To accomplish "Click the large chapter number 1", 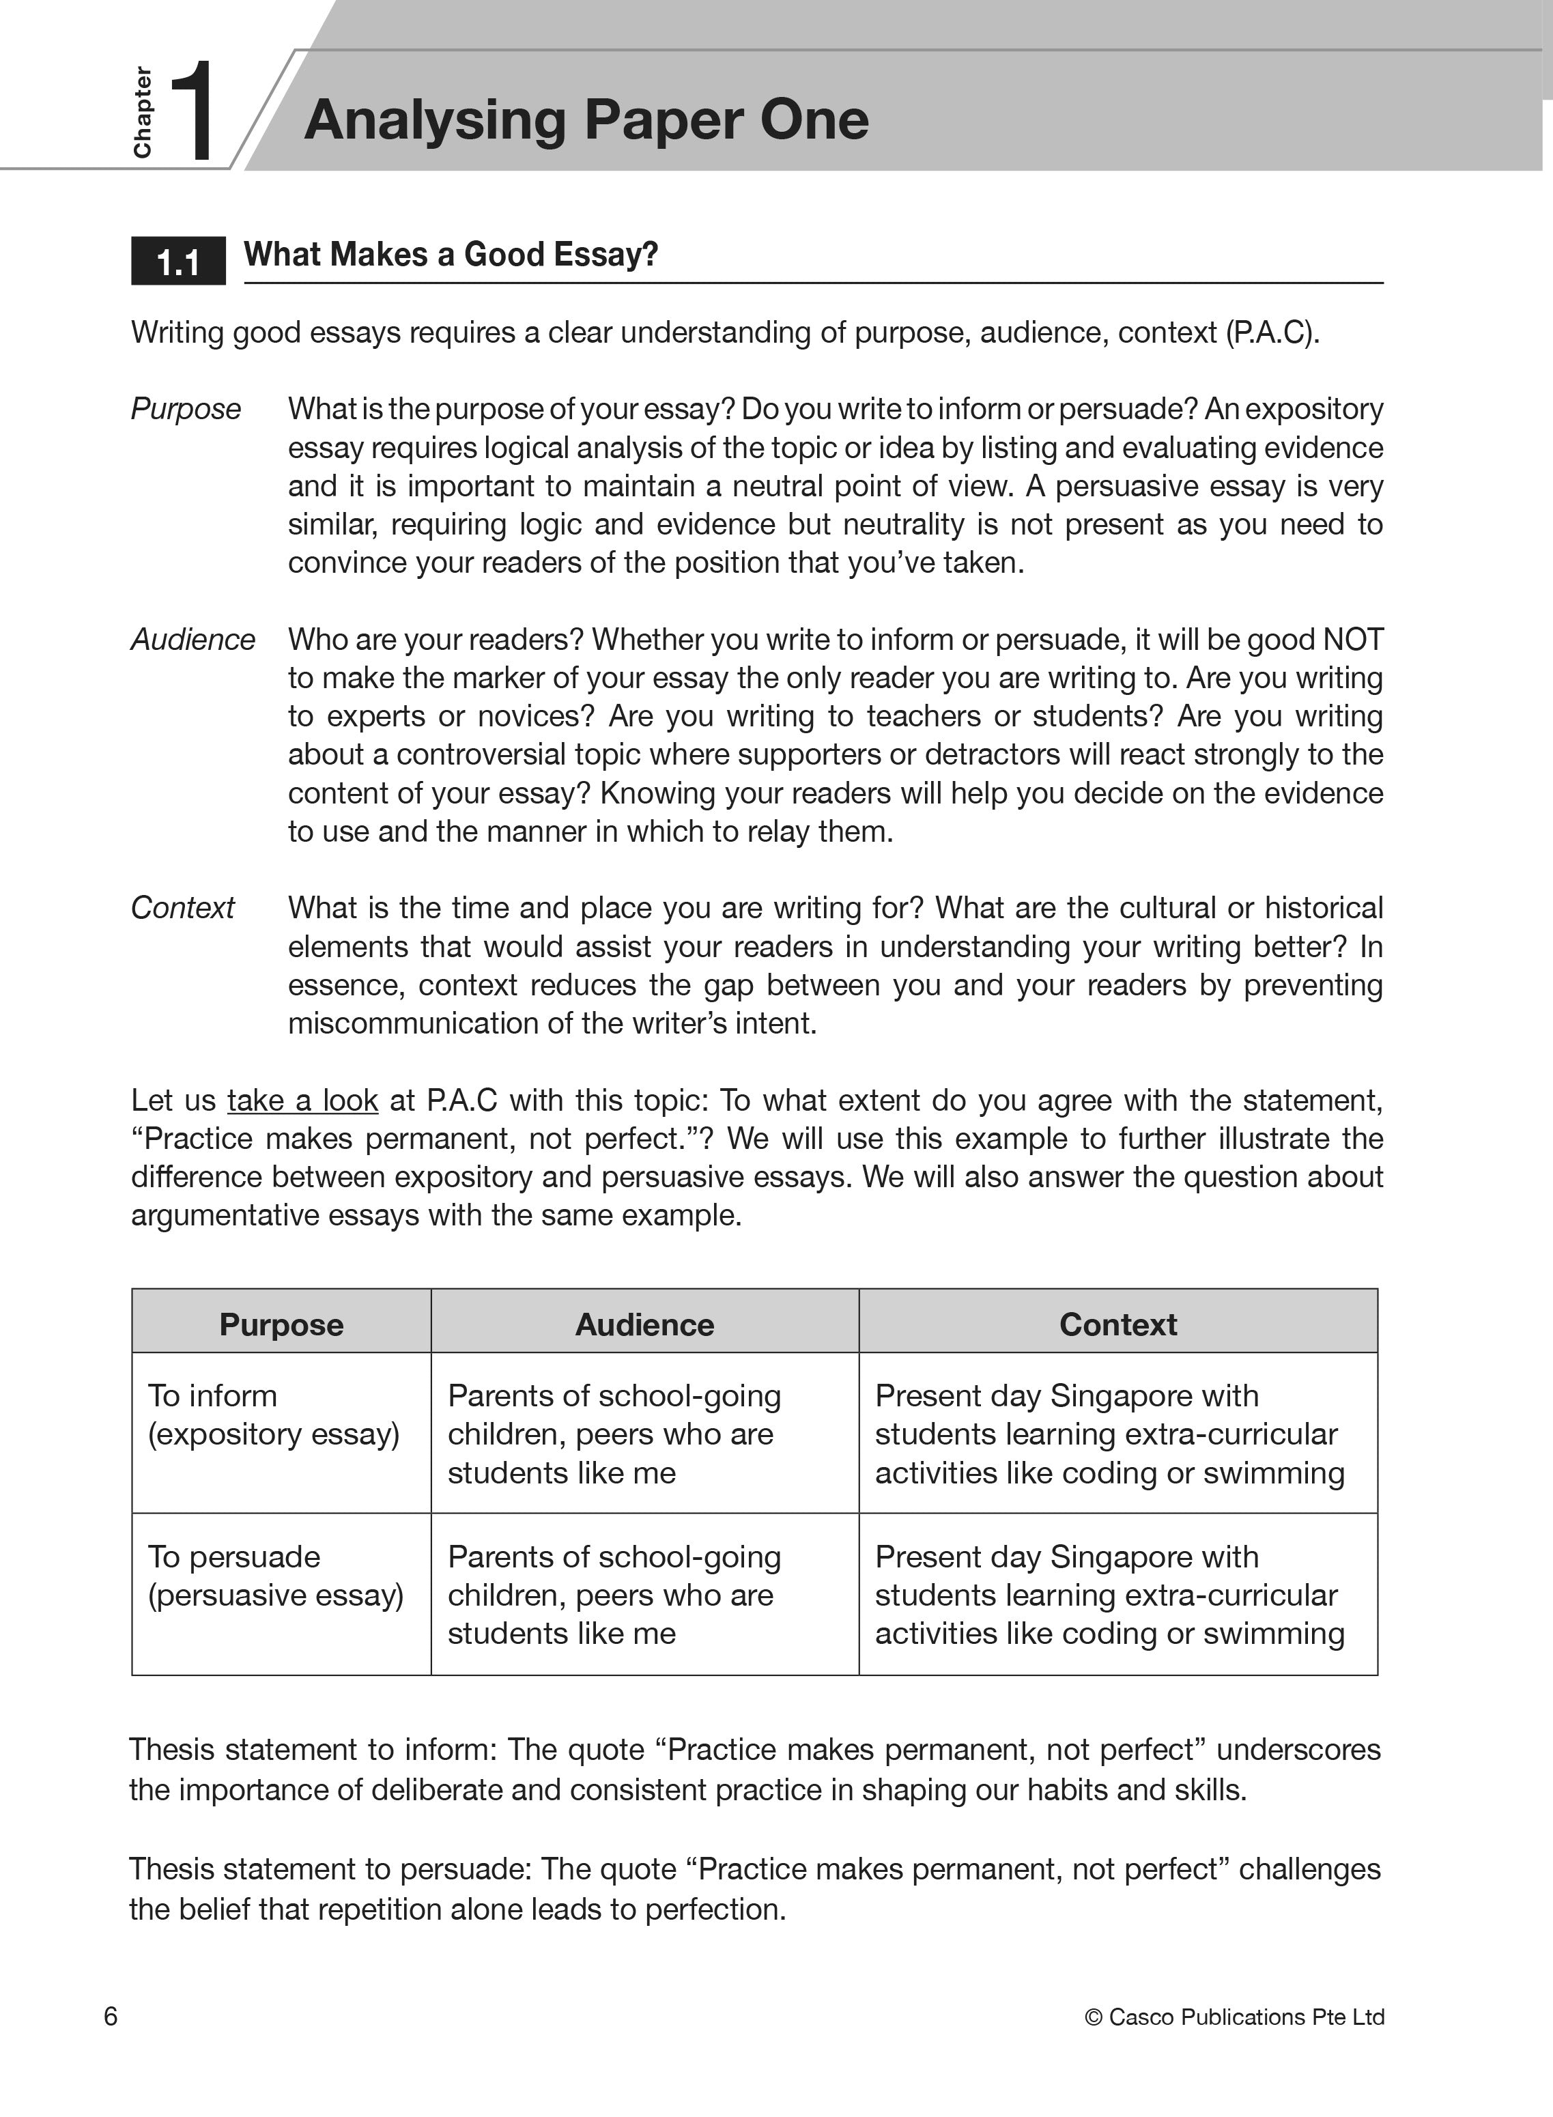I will click(193, 111).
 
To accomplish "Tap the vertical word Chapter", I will click(142, 113).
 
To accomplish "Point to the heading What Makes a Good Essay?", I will click(451, 254).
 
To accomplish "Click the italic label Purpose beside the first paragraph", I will click(185, 409).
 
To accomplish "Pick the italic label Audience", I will click(193, 639).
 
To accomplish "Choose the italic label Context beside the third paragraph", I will click(182, 907).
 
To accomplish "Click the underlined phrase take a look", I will click(302, 1100).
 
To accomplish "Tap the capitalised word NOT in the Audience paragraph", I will click(1353, 639).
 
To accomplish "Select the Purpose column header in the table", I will click(281, 1324).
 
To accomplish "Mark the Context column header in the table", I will click(1117, 1324).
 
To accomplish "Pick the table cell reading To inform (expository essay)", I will click(274, 1415).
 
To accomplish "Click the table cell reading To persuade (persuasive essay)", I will click(275, 1576).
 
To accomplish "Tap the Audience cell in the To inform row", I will click(614, 1434).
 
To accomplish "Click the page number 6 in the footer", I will click(111, 2017).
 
